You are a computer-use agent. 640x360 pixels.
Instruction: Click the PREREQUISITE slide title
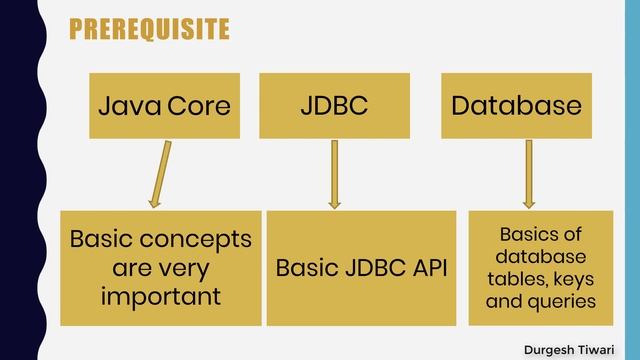click(149, 30)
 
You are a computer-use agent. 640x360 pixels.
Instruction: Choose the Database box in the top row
click(516, 105)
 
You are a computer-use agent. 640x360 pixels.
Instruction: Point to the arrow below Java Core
click(159, 173)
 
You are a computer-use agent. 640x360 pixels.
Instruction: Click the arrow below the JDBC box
click(334, 173)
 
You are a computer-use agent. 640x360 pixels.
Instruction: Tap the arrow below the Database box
click(529, 173)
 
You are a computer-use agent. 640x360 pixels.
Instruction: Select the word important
click(161, 297)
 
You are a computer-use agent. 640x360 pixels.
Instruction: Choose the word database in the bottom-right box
click(540, 257)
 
